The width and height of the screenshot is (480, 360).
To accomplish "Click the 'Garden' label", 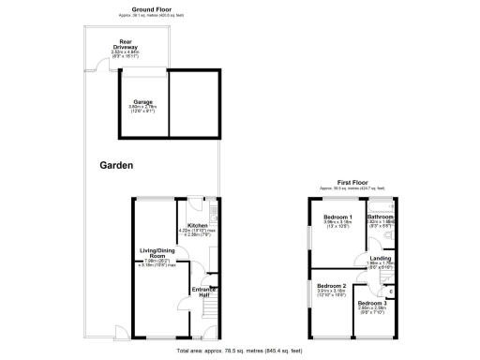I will tap(116, 165).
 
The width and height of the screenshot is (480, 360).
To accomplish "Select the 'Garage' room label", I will tap(142, 102).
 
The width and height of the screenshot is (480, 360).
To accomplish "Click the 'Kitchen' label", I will tap(198, 226).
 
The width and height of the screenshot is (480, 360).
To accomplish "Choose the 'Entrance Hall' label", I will tap(205, 292).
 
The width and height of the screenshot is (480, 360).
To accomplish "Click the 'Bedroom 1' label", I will tap(329, 217).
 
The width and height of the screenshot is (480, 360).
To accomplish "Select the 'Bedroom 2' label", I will tap(331, 286).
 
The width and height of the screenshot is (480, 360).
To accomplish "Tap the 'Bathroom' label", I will tap(380, 217).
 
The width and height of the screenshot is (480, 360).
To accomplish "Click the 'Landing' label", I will tap(381, 258).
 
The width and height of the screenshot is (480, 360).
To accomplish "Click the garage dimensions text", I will tap(142, 109).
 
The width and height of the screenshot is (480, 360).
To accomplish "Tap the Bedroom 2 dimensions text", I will tap(331, 292).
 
